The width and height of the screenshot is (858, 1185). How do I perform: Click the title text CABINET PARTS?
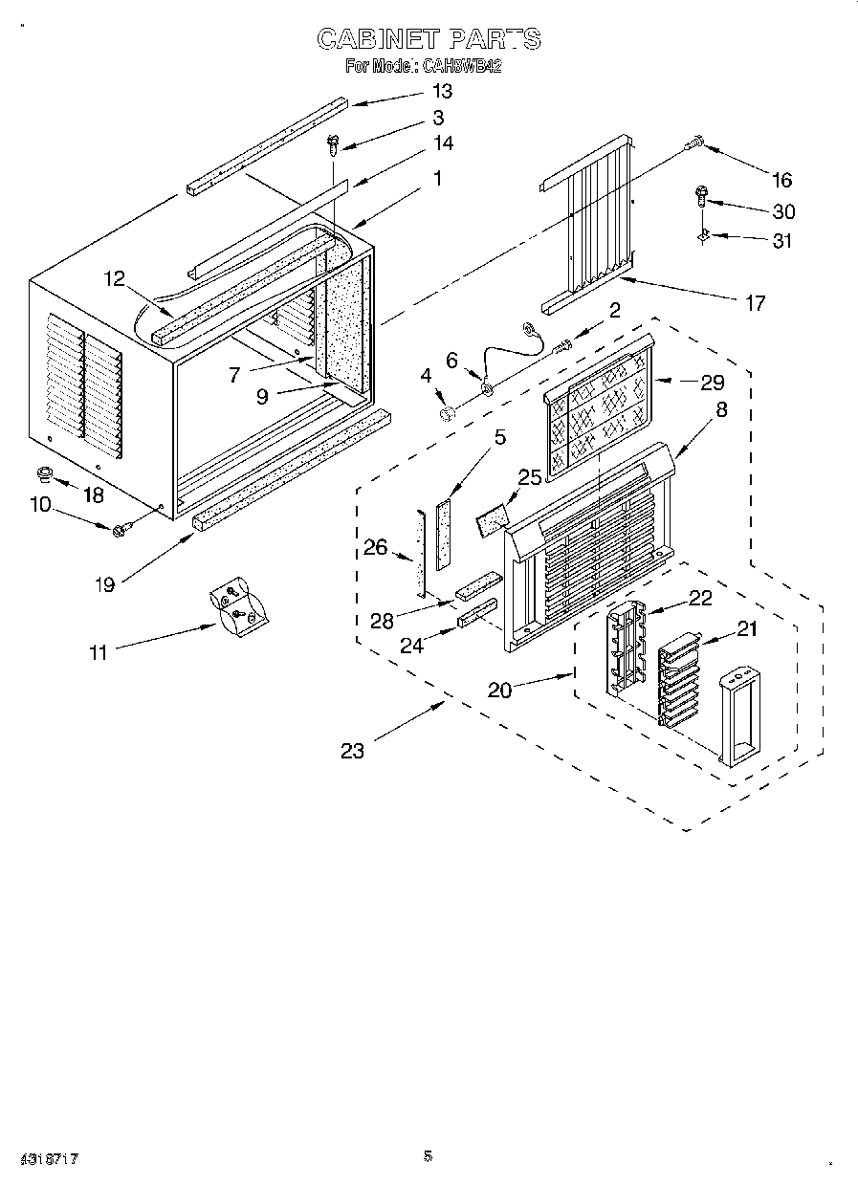[x=429, y=39]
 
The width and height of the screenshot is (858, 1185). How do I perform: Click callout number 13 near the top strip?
[x=441, y=92]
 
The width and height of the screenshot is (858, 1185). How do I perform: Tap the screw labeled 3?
[x=333, y=144]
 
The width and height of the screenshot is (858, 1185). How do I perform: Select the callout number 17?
[x=755, y=303]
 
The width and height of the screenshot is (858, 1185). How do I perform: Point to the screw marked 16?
[x=693, y=143]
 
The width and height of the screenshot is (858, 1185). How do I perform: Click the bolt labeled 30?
[x=701, y=198]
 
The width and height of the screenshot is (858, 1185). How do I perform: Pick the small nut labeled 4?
[x=447, y=413]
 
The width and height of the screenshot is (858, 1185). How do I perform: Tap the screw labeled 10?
[x=121, y=529]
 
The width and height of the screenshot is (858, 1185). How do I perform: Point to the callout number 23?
[x=352, y=751]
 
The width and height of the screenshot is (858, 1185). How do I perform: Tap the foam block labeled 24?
[x=477, y=613]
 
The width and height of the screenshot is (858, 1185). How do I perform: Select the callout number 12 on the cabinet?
[x=114, y=278]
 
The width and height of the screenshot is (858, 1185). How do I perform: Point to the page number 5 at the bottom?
[x=428, y=1155]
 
